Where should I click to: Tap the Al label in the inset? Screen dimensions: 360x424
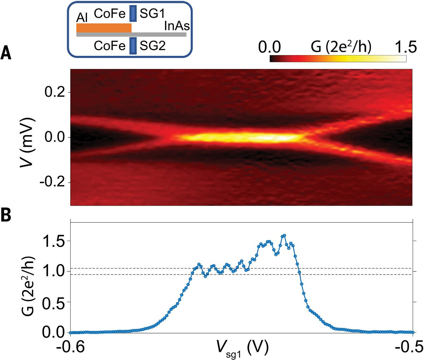pos(82,18)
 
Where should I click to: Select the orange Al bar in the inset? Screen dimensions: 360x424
pos(104,28)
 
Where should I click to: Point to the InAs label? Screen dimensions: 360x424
pos(177,26)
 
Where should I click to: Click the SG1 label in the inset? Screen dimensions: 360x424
pos(152,14)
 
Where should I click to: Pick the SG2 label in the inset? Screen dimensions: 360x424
pos(153,46)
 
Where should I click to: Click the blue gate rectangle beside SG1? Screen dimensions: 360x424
pos(132,13)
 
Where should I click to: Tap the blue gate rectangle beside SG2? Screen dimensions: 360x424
pos(132,46)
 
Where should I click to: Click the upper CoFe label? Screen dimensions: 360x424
pos(110,14)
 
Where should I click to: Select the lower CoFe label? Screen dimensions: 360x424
pos(110,46)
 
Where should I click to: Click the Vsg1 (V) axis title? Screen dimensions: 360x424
pos(242,349)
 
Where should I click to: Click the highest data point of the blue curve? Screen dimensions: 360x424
pos(284,235)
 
